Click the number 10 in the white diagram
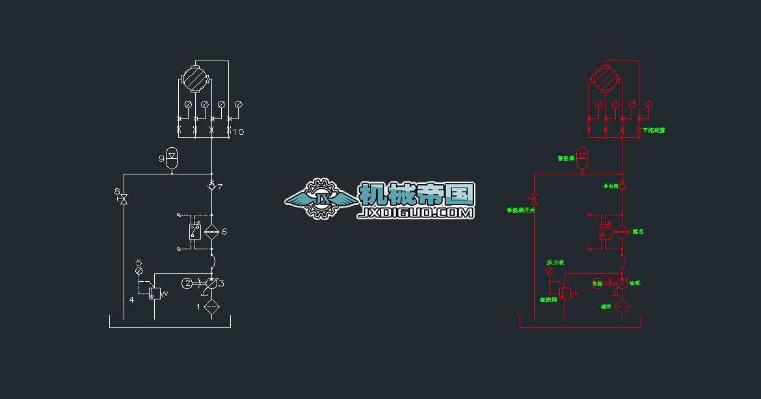tap(238, 132)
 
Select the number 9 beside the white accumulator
tap(161, 158)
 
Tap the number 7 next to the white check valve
tap(220, 187)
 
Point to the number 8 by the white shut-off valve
tap(117, 191)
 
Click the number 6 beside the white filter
tap(224, 232)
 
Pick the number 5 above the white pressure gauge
tap(139, 263)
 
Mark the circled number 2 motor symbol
tap(187, 283)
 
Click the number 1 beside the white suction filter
tap(200, 307)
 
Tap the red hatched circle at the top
tap(604, 79)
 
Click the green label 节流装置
tap(654, 130)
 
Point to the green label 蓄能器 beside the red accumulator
tap(566, 158)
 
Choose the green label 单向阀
tap(610, 186)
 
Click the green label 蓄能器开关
tap(520, 210)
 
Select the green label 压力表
tap(555, 263)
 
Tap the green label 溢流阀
tap(548, 299)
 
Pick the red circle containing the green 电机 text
tap(598, 283)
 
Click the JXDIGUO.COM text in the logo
tap(416, 212)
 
